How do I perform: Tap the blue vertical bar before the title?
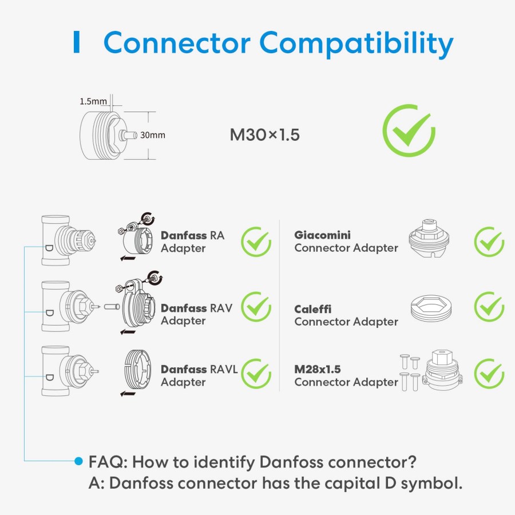(76, 43)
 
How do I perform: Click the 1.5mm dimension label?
(93, 101)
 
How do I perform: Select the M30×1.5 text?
(264, 135)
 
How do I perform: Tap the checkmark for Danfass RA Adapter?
(256, 241)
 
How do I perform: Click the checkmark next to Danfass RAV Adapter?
(256, 307)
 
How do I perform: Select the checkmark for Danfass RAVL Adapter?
(256, 373)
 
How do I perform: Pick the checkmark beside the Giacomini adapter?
(489, 241)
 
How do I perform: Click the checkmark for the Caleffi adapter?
(489, 307)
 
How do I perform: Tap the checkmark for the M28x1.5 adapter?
(489, 373)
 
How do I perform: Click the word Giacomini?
(322, 235)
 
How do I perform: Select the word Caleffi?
(313, 309)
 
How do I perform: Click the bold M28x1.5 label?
(318, 369)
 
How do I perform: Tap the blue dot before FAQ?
(79, 461)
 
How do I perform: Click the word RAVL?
(224, 369)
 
